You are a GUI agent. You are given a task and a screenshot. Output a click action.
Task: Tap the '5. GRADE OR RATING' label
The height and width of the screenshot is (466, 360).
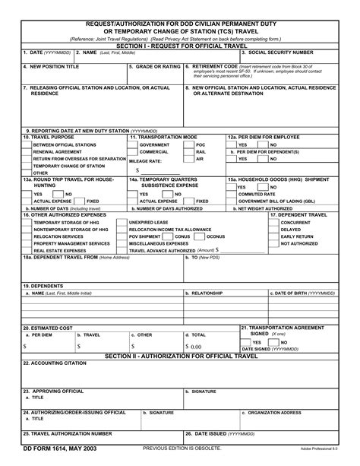pos(154,66)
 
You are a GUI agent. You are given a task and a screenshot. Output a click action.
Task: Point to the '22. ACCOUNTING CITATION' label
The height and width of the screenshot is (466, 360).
pos(58,363)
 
